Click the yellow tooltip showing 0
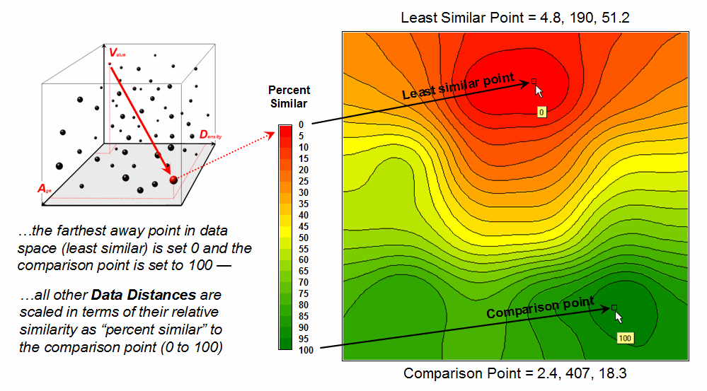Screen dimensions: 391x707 (541, 112)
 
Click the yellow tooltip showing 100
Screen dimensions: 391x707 (625, 339)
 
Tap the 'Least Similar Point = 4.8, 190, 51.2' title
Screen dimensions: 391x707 (514, 17)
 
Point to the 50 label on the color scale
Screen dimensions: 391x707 (304, 238)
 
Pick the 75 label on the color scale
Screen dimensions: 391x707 (304, 294)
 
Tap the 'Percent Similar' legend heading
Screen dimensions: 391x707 (289, 97)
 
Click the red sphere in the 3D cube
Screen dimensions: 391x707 (173, 181)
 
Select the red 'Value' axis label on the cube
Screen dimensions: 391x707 (117, 52)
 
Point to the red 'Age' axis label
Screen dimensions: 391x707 (47, 189)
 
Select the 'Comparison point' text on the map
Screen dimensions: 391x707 (540, 308)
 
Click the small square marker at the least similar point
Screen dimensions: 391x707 (534, 81)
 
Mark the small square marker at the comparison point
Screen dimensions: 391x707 (614, 308)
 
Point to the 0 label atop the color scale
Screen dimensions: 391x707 (301, 124)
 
